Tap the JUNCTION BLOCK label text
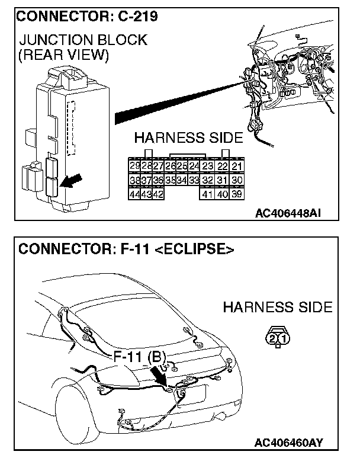[83, 40]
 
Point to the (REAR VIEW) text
[64, 56]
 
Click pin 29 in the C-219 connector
[134, 167]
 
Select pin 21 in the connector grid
[237, 167]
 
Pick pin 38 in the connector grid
[134, 180]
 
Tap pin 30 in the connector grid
[237, 180]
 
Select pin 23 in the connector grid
[207, 167]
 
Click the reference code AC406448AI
[289, 213]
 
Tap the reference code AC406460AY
[290, 442]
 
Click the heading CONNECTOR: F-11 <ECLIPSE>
[126, 249]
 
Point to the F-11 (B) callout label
[140, 357]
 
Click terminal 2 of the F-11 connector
[272, 339]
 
